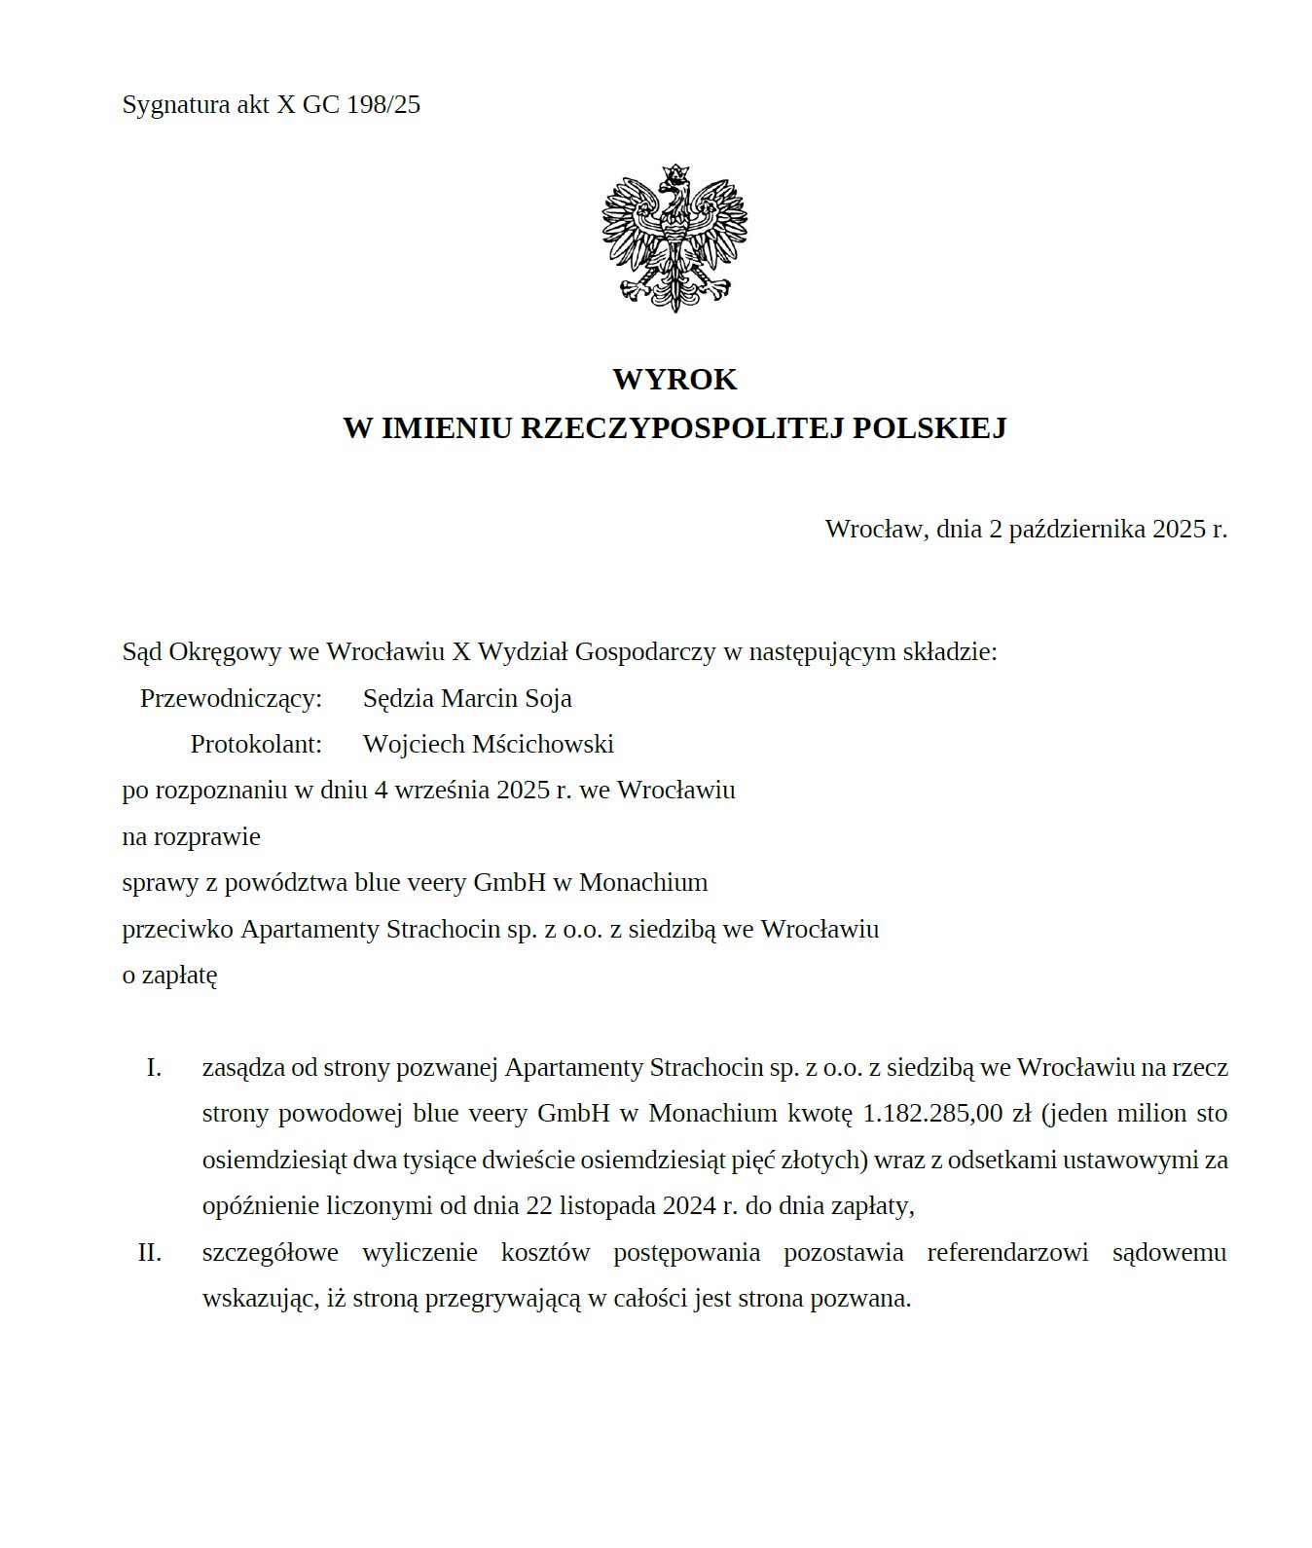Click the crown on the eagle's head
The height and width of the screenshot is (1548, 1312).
click(672, 175)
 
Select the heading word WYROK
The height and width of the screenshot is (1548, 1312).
click(674, 379)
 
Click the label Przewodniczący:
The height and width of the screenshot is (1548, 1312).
click(231, 698)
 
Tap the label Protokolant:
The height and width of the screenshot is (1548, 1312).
click(256, 744)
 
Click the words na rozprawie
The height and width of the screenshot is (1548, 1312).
click(191, 836)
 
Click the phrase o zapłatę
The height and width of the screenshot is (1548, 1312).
click(169, 975)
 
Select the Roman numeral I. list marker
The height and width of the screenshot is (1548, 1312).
click(154, 1068)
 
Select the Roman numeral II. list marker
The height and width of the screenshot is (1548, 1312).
click(150, 1252)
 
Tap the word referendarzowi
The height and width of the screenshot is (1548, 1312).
click(1007, 1252)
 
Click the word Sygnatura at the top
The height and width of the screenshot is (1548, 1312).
click(175, 105)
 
